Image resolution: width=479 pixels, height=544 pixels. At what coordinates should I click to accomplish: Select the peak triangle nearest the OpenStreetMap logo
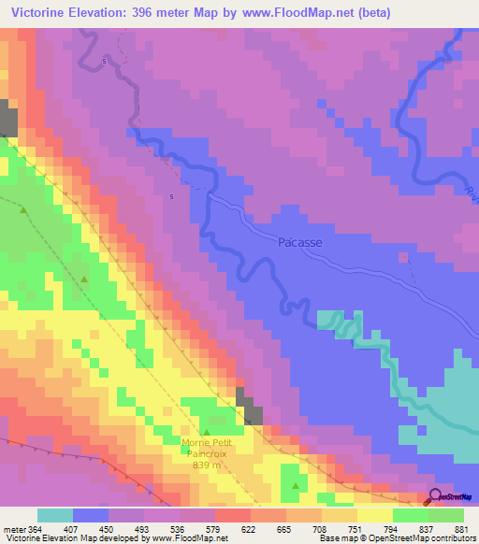(x=297, y=486)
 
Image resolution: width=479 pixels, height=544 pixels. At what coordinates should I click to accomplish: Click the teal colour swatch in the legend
(x=54, y=516)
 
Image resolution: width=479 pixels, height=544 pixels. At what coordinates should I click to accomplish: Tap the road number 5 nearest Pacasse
(x=171, y=196)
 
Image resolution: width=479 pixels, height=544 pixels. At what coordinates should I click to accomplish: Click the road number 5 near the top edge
(x=104, y=61)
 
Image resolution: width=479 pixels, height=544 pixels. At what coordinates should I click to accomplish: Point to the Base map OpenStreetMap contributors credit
(x=401, y=539)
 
